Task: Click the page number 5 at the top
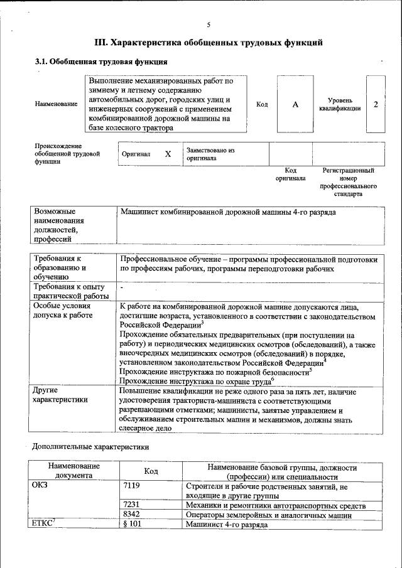click(208, 25)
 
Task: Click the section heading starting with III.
click(208, 43)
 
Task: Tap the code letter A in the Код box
click(295, 105)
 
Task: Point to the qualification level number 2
click(376, 104)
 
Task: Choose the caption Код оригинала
click(290, 174)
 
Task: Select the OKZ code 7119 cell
click(132, 486)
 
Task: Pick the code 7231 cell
click(132, 505)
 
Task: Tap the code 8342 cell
click(132, 515)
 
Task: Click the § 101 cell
click(132, 524)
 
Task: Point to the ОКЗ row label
click(40, 486)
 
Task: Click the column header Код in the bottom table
click(151, 471)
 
